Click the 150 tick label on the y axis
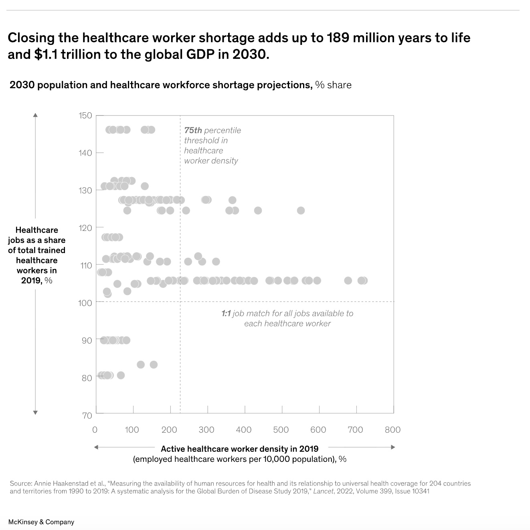[x=85, y=115]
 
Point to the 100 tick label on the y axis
[x=85, y=303]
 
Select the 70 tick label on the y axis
[x=87, y=415]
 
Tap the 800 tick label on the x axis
[x=392, y=430]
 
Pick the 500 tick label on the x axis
[x=281, y=430]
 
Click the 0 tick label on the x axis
[x=95, y=430]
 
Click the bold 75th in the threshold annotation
[x=193, y=130]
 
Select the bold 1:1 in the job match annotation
[x=226, y=314]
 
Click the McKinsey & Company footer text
[x=41, y=522]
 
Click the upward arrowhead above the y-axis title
[x=35, y=115]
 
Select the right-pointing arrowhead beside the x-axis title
[x=393, y=447]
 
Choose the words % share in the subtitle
[x=333, y=85]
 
